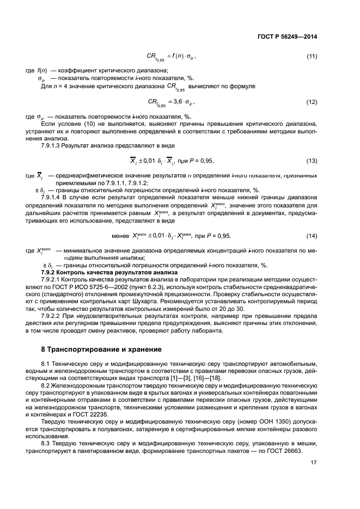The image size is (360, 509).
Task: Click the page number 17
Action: [x=314, y=463]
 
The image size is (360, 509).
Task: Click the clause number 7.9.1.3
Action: [x=53, y=146]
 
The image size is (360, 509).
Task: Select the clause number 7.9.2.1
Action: [x=53, y=279]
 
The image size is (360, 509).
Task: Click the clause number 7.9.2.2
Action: [x=53, y=316]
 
